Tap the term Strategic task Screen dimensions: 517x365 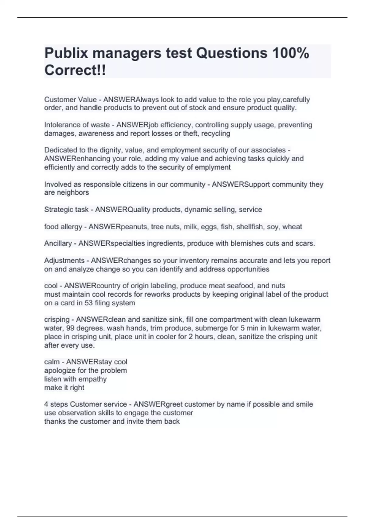coord(66,210)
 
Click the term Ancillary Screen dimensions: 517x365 coord(58,243)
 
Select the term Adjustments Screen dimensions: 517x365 coord(64,261)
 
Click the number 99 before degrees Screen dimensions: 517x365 coord(68,328)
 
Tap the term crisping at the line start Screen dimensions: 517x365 coord(57,320)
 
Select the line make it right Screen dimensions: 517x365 coord(64,388)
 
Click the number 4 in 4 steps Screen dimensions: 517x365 coord(46,404)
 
